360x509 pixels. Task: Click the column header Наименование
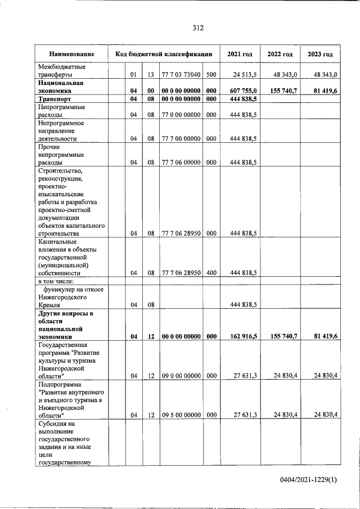coord(71,55)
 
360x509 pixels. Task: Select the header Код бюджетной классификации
coord(164,55)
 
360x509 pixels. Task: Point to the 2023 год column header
coord(320,55)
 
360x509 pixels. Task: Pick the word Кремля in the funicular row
coord(49,304)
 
